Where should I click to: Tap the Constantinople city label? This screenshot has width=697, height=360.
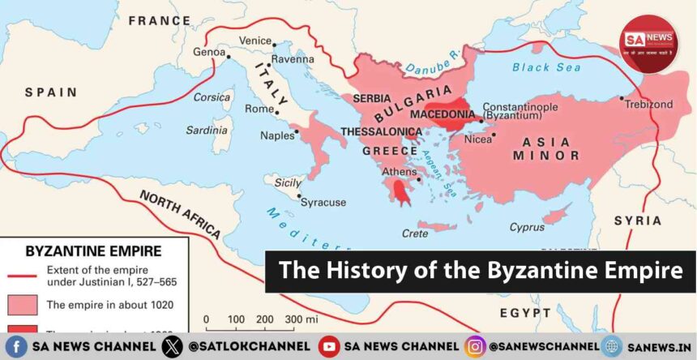click(520, 106)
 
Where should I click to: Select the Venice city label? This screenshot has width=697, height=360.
click(255, 40)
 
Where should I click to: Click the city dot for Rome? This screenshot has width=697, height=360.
click(277, 111)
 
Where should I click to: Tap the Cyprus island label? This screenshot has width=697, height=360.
click(528, 228)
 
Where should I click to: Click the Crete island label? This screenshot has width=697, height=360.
click(414, 234)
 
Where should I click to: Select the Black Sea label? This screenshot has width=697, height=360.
click(543, 67)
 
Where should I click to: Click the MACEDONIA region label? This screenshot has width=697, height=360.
click(442, 115)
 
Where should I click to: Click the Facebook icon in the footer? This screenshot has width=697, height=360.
click(17, 346)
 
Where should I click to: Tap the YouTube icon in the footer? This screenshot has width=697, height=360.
click(328, 346)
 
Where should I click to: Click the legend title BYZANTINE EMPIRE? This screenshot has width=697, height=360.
click(93, 251)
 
